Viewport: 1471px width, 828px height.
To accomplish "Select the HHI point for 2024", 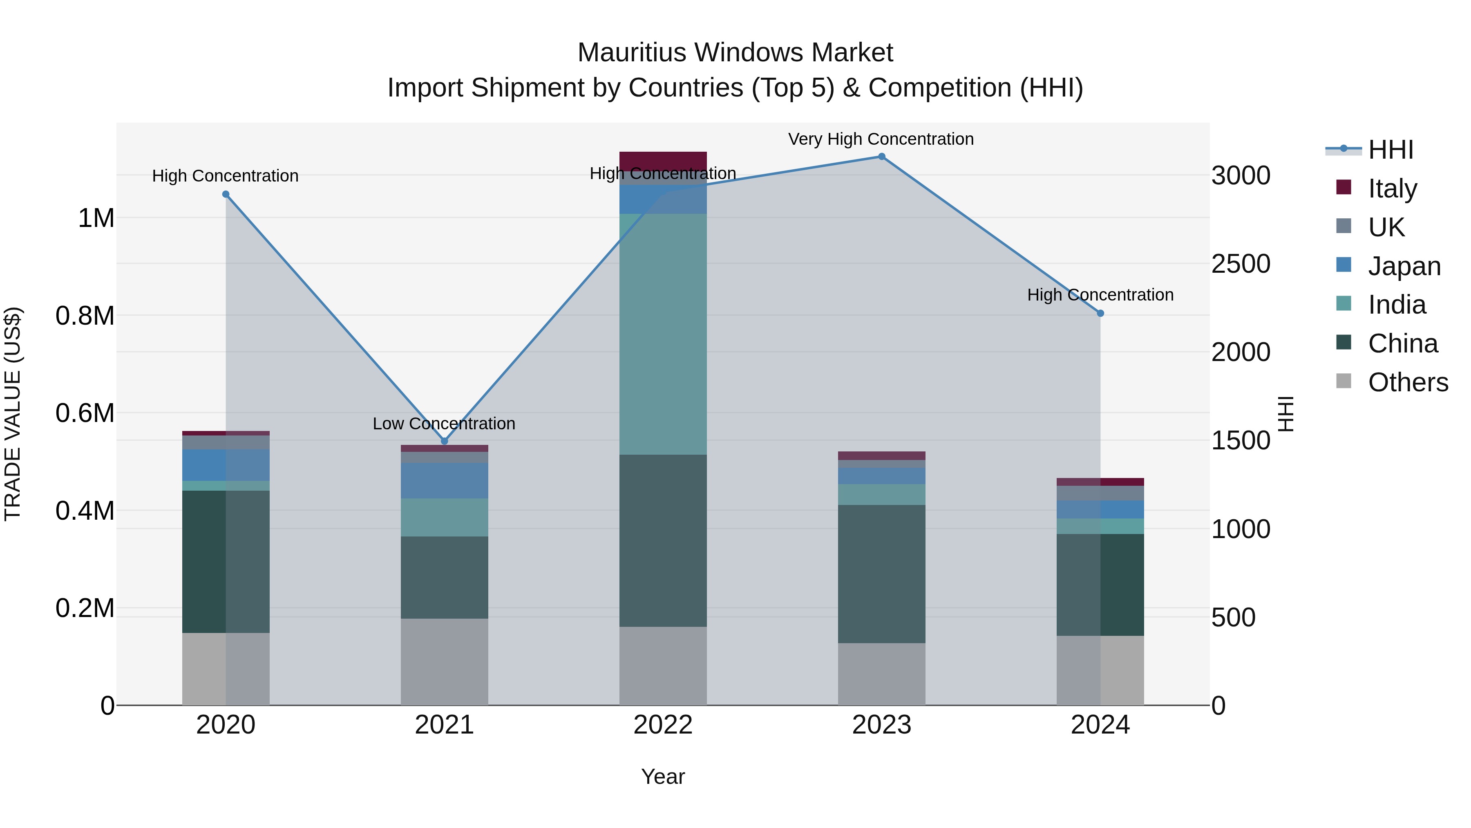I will (x=1100, y=313).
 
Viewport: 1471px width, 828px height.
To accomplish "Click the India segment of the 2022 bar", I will (x=663, y=334).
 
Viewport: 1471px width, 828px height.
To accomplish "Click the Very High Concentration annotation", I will (x=881, y=139).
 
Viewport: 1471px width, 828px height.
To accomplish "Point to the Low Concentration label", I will (x=444, y=424).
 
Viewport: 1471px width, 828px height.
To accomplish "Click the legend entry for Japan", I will (x=1404, y=266).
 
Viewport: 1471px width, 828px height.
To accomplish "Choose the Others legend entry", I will (x=1408, y=382).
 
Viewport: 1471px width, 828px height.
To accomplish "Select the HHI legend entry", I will (x=1390, y=150).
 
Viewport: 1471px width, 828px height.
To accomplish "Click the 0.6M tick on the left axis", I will (x=85, y=413).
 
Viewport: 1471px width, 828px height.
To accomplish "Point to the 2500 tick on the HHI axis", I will (x=1240, y=264).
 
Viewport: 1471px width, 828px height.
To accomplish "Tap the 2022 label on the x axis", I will (x=663, y=725).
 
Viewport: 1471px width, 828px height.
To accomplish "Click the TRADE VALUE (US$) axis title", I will (x=13, y=414).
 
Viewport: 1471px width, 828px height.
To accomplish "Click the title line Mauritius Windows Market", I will (x=735, y=53).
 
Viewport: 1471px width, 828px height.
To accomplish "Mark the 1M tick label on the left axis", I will (x=96, y=218).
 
